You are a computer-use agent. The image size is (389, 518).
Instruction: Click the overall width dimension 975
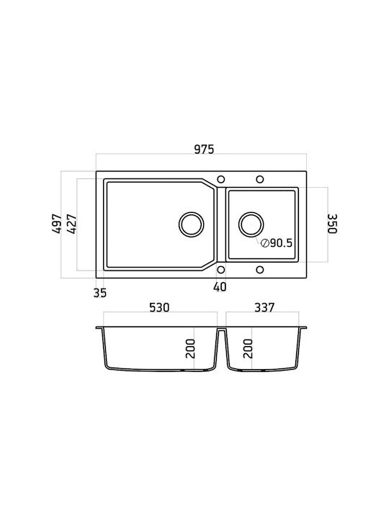204,150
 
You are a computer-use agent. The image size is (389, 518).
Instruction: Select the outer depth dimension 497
57,224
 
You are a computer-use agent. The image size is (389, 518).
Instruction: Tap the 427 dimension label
72,224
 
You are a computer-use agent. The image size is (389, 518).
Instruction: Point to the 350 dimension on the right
332,224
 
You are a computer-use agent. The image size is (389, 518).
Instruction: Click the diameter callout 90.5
277,243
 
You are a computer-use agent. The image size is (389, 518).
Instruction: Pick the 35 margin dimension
100,292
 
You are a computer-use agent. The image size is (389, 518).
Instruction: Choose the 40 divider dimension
220,286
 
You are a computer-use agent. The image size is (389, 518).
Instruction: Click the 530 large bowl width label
159,308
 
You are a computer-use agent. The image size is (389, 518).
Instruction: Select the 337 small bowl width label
264,308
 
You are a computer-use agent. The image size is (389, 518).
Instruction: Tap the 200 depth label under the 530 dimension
190,348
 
